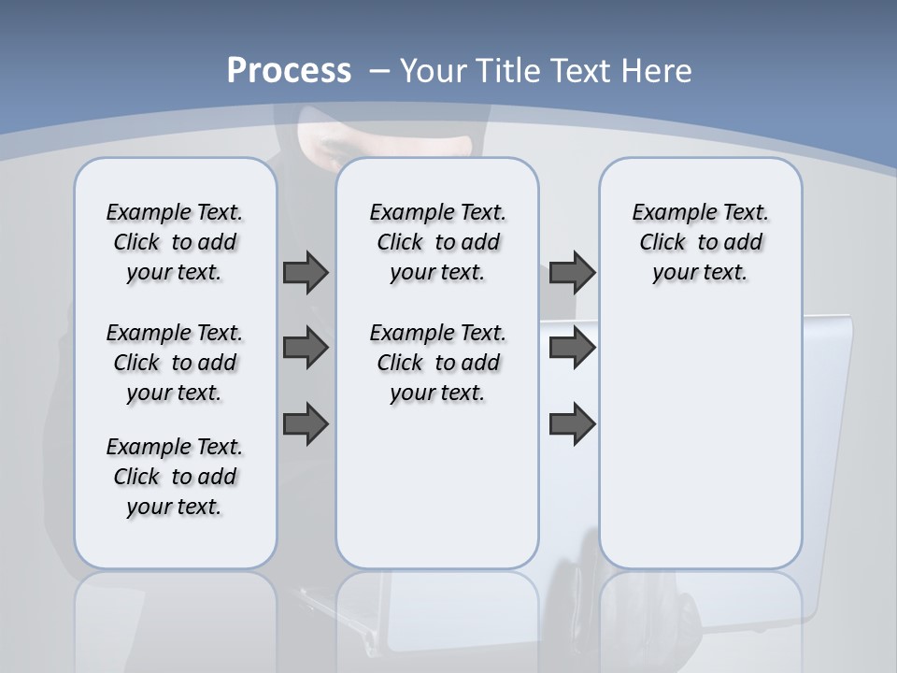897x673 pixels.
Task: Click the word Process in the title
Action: coord(289,71)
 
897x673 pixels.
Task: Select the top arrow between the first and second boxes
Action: coord(306,272)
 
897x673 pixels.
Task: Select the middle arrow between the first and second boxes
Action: coord(306,348)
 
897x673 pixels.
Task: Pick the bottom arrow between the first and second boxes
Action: coord(306,423)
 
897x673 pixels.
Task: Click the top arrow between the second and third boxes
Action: coord(573,272)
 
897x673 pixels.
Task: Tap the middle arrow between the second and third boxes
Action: coord(573,348)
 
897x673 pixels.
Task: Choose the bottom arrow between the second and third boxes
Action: coord(573,423)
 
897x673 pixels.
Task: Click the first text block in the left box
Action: coord(175,242)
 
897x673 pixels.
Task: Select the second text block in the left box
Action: coord(175,363)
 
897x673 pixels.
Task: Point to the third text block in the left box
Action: coord(175,477)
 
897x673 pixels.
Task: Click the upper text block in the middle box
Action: coord(437,242)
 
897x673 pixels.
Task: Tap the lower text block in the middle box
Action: coord(437,363)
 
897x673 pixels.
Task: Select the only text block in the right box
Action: coord(700,242)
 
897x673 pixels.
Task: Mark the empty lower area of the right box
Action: coord(700,439)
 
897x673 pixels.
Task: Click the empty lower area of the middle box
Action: coord(437,486)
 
